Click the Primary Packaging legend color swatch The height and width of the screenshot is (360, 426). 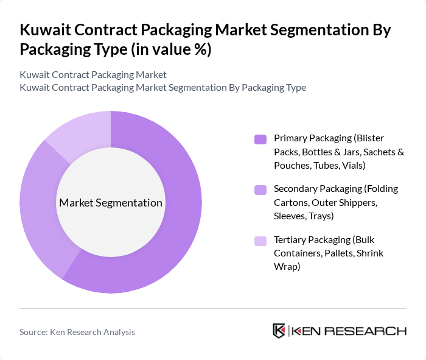(260, 139)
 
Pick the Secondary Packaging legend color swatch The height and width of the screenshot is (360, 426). (260, 189)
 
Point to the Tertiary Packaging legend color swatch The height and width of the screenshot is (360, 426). (260, 241)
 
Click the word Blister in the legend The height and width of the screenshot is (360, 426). (370, 138)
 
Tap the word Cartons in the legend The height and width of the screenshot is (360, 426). (290, 202)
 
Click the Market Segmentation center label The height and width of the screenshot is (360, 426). (111, 203)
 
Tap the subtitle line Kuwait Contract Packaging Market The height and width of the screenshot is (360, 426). (93, 75)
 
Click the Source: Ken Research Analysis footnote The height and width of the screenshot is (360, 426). (77, 332)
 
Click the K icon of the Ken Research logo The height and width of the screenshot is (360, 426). (279, 331)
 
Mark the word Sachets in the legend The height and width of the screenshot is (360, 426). (377, 152)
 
